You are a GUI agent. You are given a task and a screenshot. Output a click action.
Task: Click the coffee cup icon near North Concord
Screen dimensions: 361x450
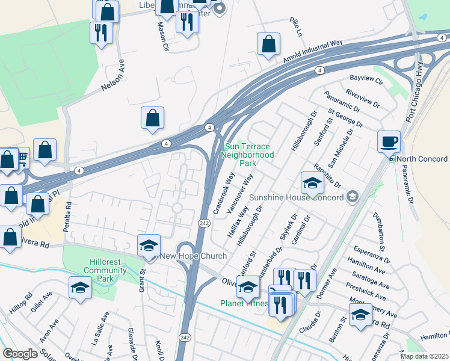[x=389, y=142]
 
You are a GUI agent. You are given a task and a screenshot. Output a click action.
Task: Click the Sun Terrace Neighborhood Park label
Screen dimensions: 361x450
[x=248, y=155]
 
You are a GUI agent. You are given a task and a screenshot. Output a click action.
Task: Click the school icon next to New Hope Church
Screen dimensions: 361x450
[x=149, y=245]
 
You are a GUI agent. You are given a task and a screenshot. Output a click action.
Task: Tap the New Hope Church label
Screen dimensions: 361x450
[x=193, y=256]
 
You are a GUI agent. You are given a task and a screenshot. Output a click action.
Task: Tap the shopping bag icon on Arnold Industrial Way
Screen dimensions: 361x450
[x=268, y=44]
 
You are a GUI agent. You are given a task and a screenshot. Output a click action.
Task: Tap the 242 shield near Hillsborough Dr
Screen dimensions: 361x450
[x=203, y=223]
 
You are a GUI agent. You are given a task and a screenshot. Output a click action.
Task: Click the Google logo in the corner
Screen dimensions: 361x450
[x=19, y=354]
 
